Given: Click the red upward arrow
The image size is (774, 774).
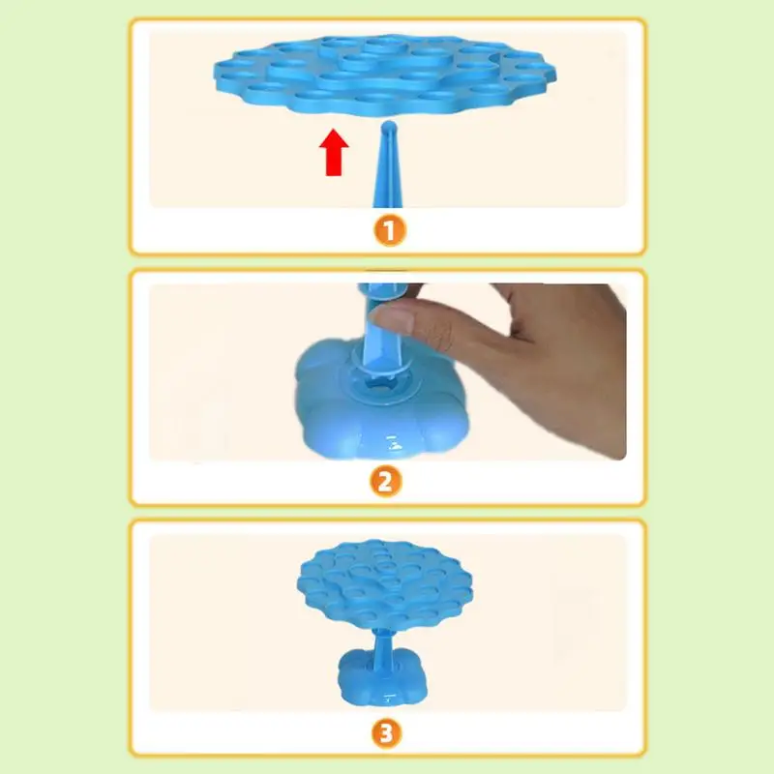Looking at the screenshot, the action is (334, 152).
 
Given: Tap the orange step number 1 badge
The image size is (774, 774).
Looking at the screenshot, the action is (390, 230).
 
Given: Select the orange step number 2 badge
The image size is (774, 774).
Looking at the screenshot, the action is (386, 481).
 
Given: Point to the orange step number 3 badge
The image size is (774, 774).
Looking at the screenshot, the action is (386, 733).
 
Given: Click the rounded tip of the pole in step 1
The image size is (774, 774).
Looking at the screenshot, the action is (389, 127).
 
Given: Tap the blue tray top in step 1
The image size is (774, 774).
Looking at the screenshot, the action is (385, 74).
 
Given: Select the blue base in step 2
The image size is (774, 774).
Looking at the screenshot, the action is (380, 400).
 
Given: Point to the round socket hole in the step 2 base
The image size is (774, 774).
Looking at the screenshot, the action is (381, 382).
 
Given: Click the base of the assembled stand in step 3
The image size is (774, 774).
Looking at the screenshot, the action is (381, 677).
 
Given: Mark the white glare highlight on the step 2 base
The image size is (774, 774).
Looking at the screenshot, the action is (393, 443).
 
